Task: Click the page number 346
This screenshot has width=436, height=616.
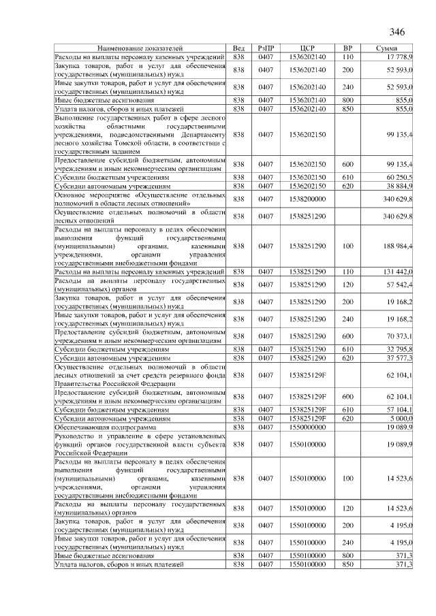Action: pos(397,32)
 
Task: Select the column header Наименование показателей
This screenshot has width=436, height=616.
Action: pos(140,49)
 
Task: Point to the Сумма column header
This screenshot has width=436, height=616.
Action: pos(392,49)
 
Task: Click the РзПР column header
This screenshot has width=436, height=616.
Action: pos(265,49)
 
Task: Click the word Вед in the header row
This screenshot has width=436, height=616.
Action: pos(238,49)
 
